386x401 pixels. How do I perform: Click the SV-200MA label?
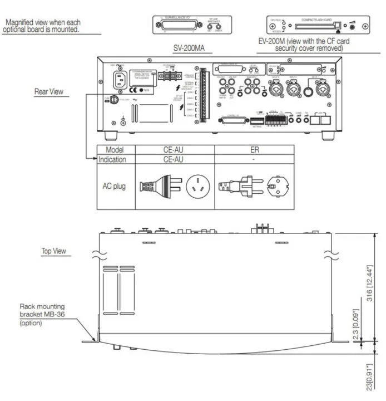[189, 48]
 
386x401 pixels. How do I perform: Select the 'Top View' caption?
[54, 251]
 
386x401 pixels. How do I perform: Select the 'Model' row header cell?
[116, 149]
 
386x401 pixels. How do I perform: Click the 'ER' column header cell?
[254, 149]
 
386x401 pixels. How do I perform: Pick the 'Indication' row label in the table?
[116, 159]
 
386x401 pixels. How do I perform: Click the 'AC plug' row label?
[116, 186]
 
